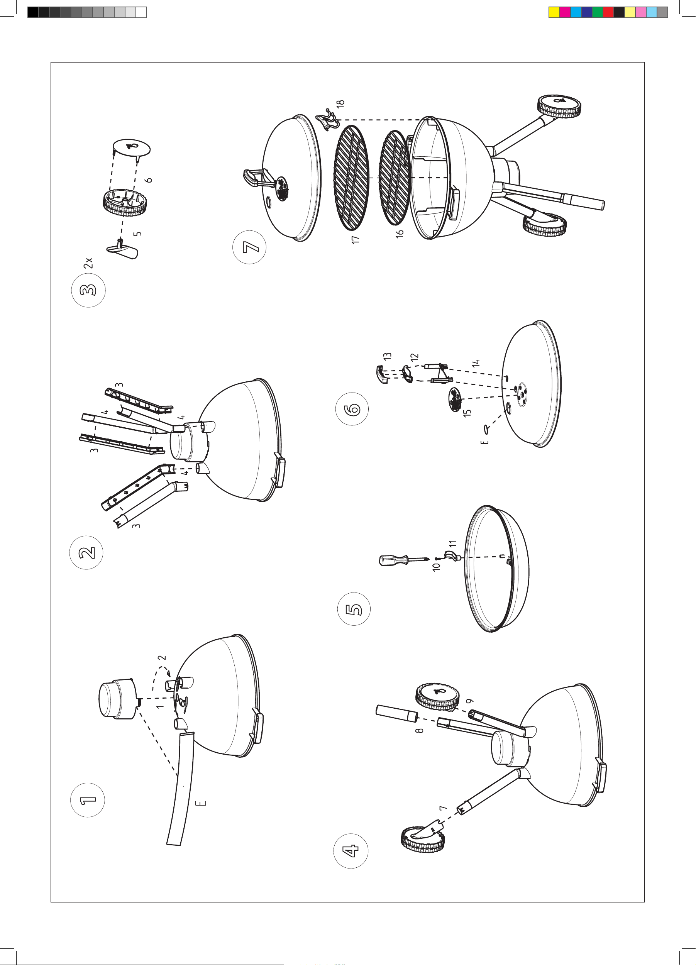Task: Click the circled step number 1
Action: (x=87, y=800)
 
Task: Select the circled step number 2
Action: (x=86, y=553)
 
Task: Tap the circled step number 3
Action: (x=88, y=290)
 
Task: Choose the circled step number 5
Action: (x=354, y=609)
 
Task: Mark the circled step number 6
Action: (x=352, y=409)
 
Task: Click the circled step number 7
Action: (x=250, y=247)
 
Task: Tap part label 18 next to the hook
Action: (x=340, y=103)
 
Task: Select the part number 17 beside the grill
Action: (x=356, y=240)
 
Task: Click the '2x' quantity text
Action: (x=88, y=262)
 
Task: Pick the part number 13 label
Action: (x=387, y=356)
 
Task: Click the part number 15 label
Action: (x=467, y=413)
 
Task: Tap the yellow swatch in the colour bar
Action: (x=554, y=12)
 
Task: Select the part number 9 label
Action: (x=470, y=701)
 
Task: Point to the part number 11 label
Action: (x=453, y=543)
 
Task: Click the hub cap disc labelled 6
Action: (x=132, y=147)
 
